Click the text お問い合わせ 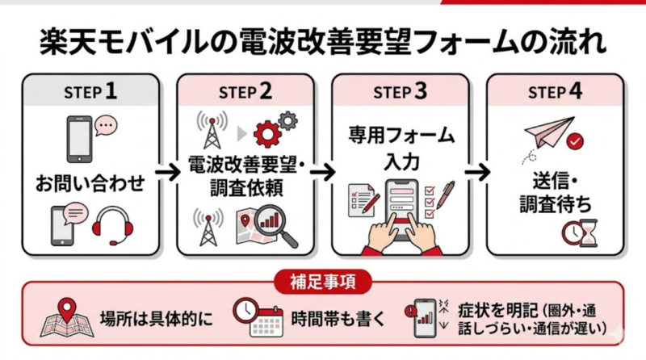[90, 182]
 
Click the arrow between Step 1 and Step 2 [166, 172]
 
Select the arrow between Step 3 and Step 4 [476, 172]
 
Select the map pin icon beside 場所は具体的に [62, 317]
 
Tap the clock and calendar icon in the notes [254, 318]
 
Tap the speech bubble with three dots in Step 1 [106, 125]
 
